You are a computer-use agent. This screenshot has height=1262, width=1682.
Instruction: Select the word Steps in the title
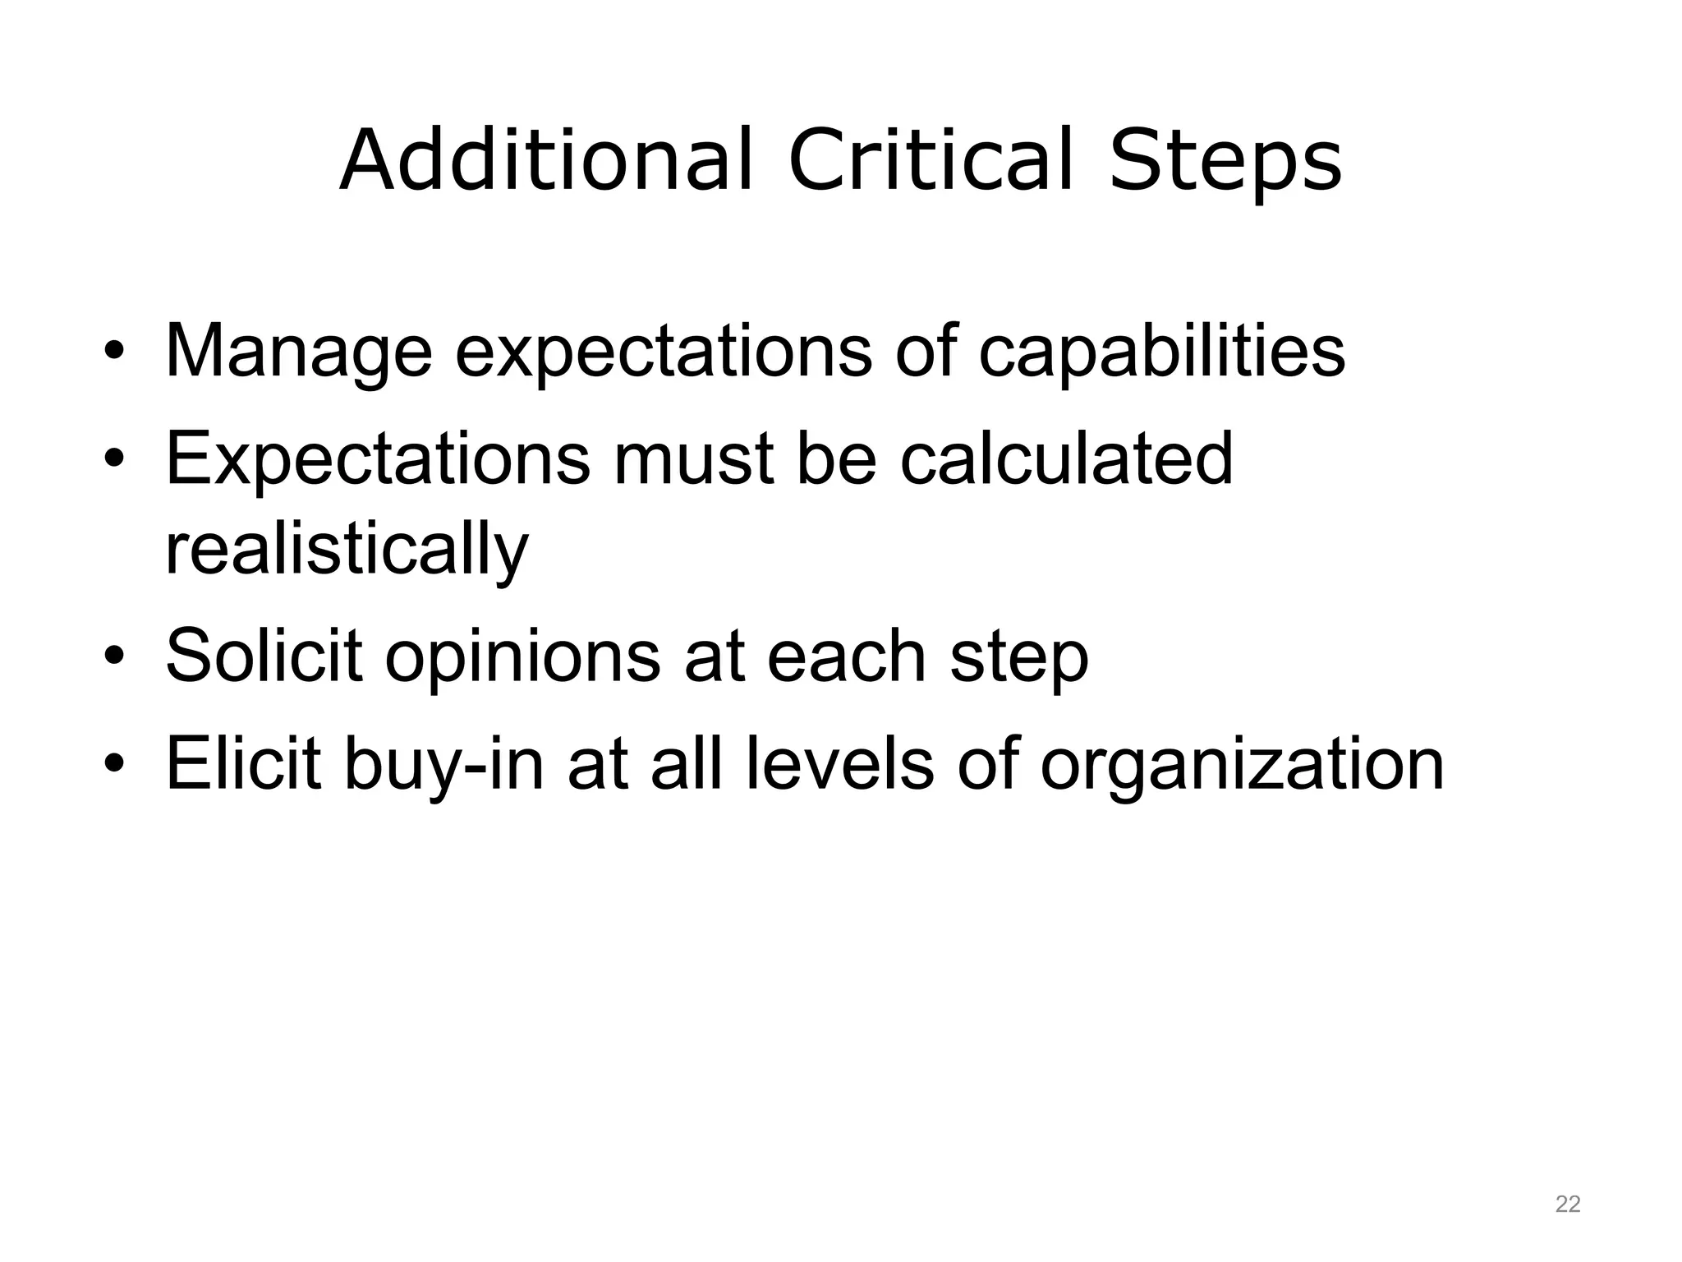pyautogui.click(x=1225, y=163)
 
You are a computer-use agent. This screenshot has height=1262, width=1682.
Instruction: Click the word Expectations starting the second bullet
pyautogui.click(x=377, y=460)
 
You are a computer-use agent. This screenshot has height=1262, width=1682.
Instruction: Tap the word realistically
pyautogui.click(x=347, y=550)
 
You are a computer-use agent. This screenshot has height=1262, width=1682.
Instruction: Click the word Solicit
pyautogui.click(x=264, y=656)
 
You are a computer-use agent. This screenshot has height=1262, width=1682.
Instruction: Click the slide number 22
pyautogui.click(x=1567, y=1204)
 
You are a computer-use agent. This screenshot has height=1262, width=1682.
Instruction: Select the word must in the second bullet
pyautogui.click(x=692, y=460)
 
